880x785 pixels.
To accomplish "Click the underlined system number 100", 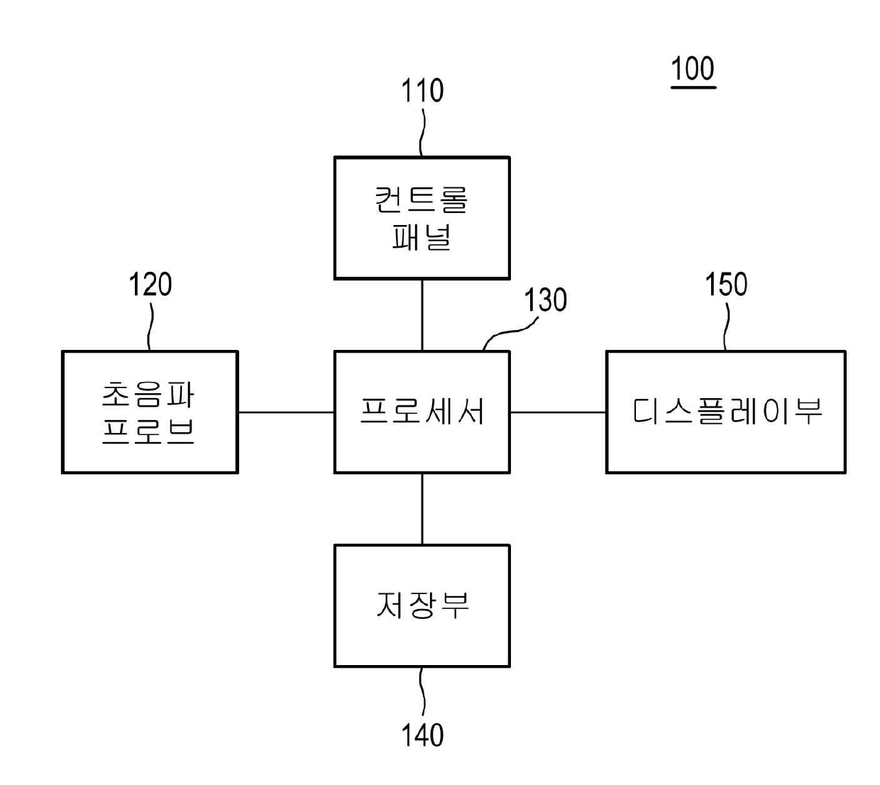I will point(693,70).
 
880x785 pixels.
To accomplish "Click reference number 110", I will point(422,92).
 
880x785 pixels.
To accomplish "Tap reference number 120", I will point(150,285).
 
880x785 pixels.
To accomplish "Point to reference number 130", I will point(546,300).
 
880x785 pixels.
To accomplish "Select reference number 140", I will point(422,735).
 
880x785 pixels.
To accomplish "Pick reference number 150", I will point(725,285).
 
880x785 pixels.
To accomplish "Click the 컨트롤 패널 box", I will point(422,218).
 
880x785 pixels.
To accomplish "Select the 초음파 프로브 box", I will point(150,412).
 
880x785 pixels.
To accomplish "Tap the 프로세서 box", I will point(422,412).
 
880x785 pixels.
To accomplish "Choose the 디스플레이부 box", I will point(725,412).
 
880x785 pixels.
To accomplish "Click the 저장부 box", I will point(422,605).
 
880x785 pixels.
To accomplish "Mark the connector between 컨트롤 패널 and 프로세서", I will point(422,314).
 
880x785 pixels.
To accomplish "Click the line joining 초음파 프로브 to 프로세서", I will point(286,412).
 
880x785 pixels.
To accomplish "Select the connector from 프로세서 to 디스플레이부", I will point(558,412).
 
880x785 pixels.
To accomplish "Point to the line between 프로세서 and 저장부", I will point(422,509).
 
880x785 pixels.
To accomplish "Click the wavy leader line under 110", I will point(422,132).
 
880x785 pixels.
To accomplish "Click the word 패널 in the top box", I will point(422,237).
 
